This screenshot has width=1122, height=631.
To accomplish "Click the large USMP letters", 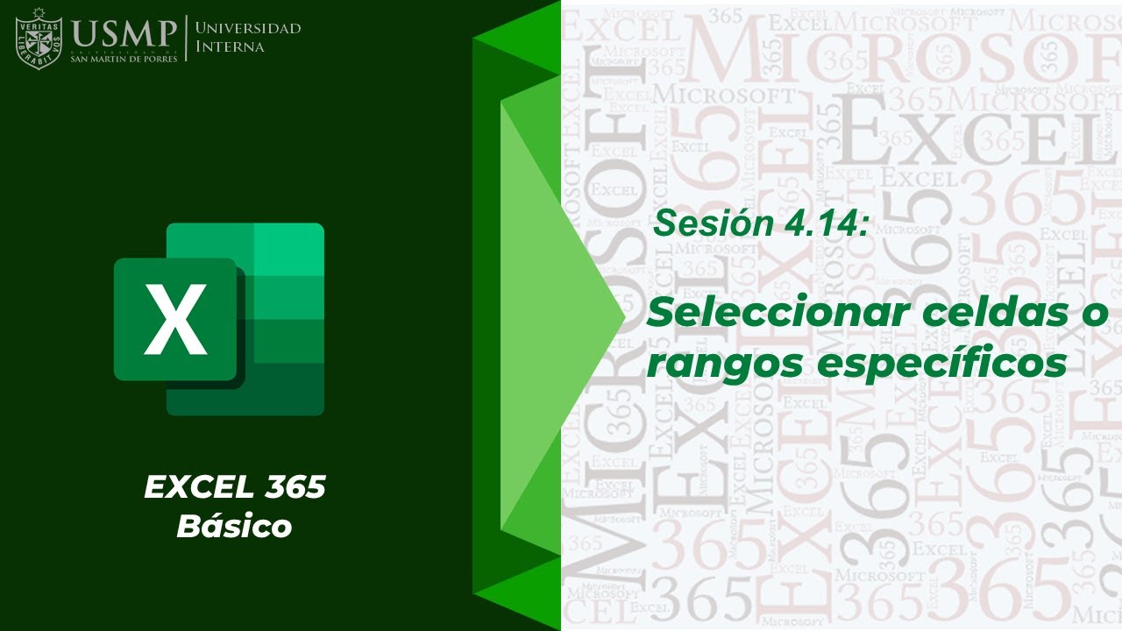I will tap(124, 33).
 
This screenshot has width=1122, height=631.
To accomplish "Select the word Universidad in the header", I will tap(248, 28).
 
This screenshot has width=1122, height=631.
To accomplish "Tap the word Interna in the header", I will tap(230, 46).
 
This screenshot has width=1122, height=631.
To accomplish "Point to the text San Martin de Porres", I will tap(124, 58).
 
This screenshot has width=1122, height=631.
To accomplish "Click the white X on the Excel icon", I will tap(175, 319).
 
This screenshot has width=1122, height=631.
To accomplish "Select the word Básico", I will tap(234, 526).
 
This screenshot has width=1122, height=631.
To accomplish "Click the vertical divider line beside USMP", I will tap(186, 38).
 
